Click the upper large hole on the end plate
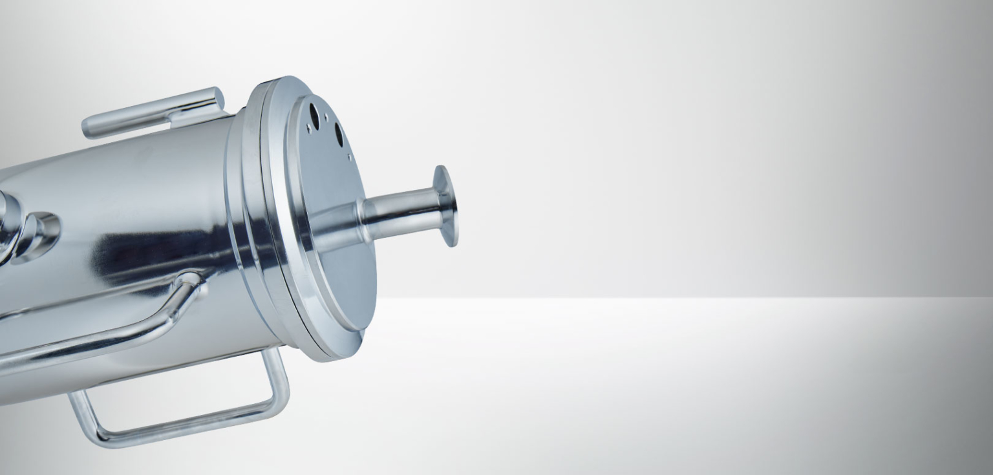pyautogui.click(x=314, y=115)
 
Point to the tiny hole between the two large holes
pyautogui.click(x=326, y=118)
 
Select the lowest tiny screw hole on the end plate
pyautogui.click(x=350, y=156)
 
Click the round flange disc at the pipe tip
pyautogui.click(x=446, y=206)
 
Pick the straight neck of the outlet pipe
pyautogui.click(x=401, y=210)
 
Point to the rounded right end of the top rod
pyautogui.click(x=216, y=99)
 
